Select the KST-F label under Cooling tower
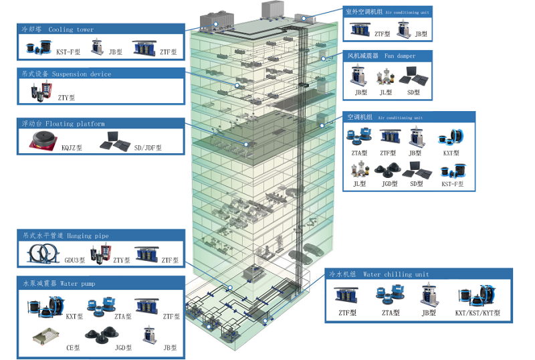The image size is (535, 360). [x=68, y=52]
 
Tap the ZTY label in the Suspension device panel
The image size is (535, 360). [x=66, y=98]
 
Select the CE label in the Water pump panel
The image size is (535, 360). [x=72, y=347]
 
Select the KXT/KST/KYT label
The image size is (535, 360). [x=477, y=313]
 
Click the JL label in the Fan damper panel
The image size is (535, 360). [x=385, y=93]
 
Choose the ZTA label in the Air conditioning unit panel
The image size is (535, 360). [x=358, y=153]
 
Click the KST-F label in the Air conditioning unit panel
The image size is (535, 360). [x=453, y=183]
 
